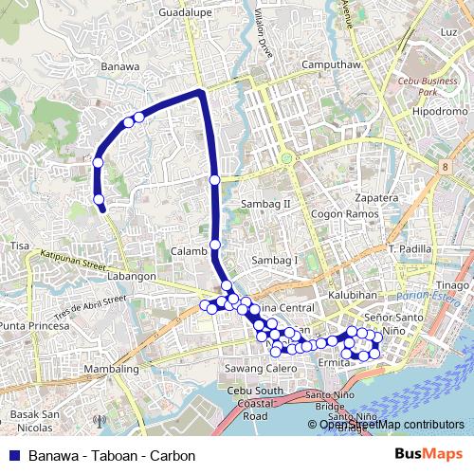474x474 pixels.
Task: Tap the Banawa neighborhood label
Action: (x=119, y=66)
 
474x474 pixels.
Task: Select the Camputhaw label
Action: (x=327, y=64)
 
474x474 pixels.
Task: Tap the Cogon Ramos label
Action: (x=340, y=214)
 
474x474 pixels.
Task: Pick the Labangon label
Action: (x=131, y=276)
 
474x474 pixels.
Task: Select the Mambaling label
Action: (x=110, y=367)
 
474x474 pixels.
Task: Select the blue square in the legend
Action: (x=13, y=456)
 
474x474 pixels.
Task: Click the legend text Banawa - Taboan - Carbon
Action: (x=112, y=456)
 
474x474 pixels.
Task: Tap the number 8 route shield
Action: (x=444, y=167)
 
